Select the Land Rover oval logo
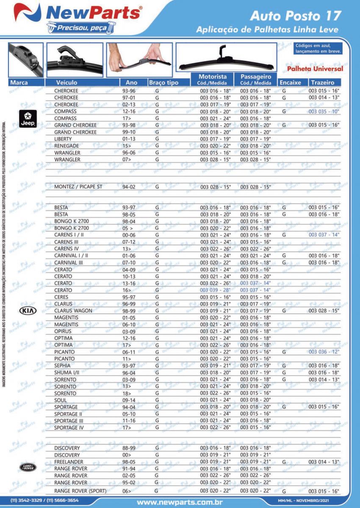[x=28, y=468]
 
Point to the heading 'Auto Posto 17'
[x=295, y=16]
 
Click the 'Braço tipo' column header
[x=163, y=83]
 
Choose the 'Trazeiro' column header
[x=323, y=83]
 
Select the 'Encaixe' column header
[x=290, y=83]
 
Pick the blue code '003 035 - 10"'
[x=324, y=111]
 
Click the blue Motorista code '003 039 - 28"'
[x=215, y=290]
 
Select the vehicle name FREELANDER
[x=69, y=461]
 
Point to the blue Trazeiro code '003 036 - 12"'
[x=324, y=352]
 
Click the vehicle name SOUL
[x=61, y=400]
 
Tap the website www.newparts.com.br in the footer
[x=180, y=502]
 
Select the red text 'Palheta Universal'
[x=315, y=69]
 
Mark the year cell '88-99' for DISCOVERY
[x=129, y=448]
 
